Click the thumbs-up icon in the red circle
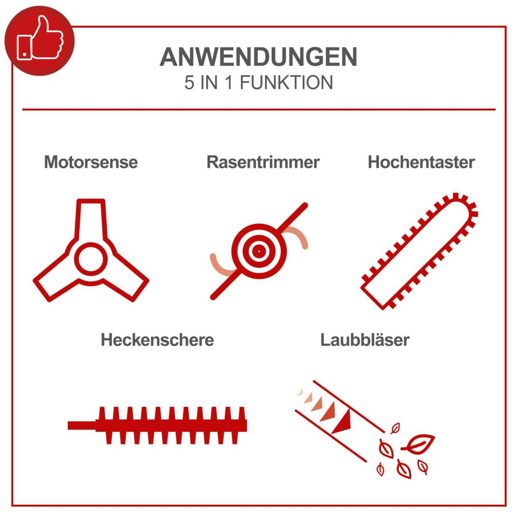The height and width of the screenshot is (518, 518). click(x=40, y=39)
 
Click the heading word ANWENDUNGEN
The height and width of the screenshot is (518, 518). click(x=259, y=57)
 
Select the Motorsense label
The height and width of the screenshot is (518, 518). click(x=91, y=162)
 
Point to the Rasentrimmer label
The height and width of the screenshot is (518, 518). click(x=263, y=162)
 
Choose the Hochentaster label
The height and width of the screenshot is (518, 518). click(x=421, y=162)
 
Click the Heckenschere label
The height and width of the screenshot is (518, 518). click(x=157, y=340)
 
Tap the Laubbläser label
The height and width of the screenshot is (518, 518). click(x=365, y=340)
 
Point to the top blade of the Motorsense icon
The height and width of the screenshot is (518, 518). click(x=91, y=216)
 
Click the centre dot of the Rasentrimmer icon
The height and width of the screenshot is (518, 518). click(x=258, y=251)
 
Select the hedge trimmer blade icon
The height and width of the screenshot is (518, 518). click(x=173, y=425)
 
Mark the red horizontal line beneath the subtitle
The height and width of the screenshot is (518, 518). click(x=259, y=110)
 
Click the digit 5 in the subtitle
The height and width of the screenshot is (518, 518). click(x=189, y=83)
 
